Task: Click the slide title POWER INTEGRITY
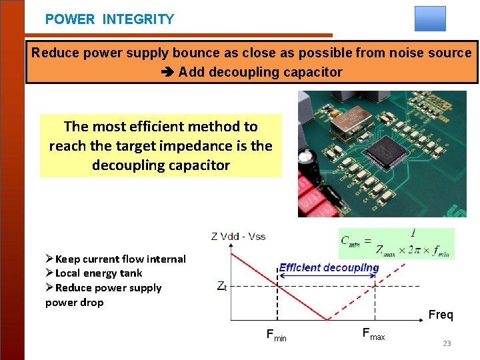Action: (x=109, y=19)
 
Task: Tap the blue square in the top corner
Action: (x=429, y=19)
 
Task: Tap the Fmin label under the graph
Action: (x=276, y=335)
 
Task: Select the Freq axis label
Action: (x=440, y=315)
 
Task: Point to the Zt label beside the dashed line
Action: (x=222, y=286)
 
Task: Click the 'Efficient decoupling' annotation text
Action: (x=329, y=268)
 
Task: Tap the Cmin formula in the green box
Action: (x=396, y=244)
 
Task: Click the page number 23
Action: (x=447, y=343)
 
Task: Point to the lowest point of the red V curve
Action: (x=327, y=319)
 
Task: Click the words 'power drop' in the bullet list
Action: (x=74, y=303)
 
